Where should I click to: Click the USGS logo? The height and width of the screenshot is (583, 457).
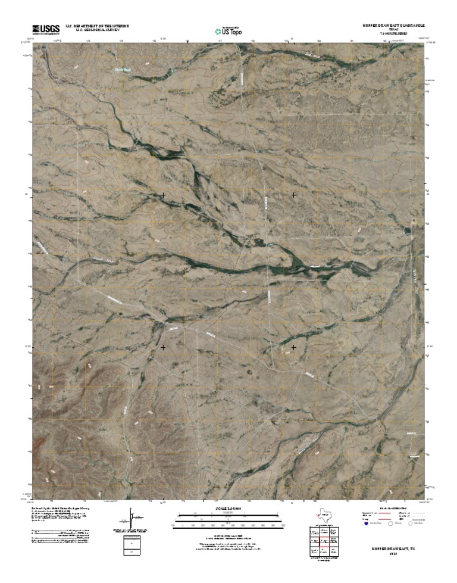(x=46, y=29)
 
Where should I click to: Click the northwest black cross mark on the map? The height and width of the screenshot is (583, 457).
(x=163, y=195)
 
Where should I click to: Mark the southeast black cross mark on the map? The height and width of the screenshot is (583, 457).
(x=294, y=347)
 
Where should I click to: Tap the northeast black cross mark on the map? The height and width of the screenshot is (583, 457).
(x=294, y=195)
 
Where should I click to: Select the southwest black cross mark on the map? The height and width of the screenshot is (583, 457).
(x=163, y=347)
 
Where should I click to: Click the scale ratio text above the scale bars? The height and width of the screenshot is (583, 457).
(x=228, y=509)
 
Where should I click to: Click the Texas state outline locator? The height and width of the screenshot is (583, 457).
(x=325, y=515)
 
